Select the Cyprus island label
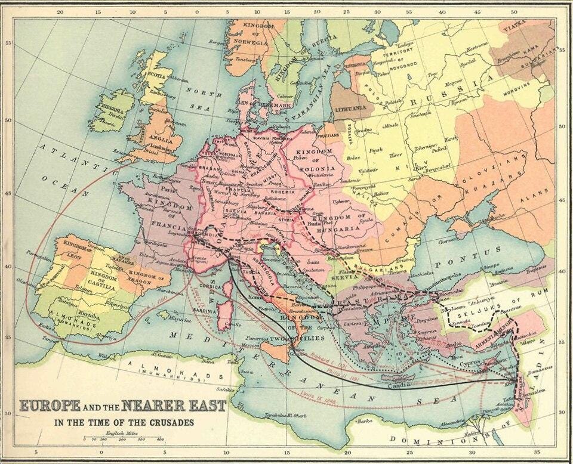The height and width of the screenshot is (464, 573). tap(470, 363)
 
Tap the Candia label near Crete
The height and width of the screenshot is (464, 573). tap(399, 385)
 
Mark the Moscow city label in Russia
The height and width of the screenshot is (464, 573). tap(457, 81)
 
